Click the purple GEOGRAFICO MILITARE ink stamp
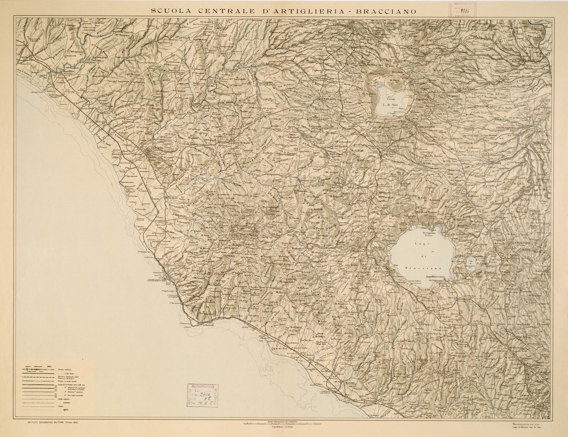tap(202, 393)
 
